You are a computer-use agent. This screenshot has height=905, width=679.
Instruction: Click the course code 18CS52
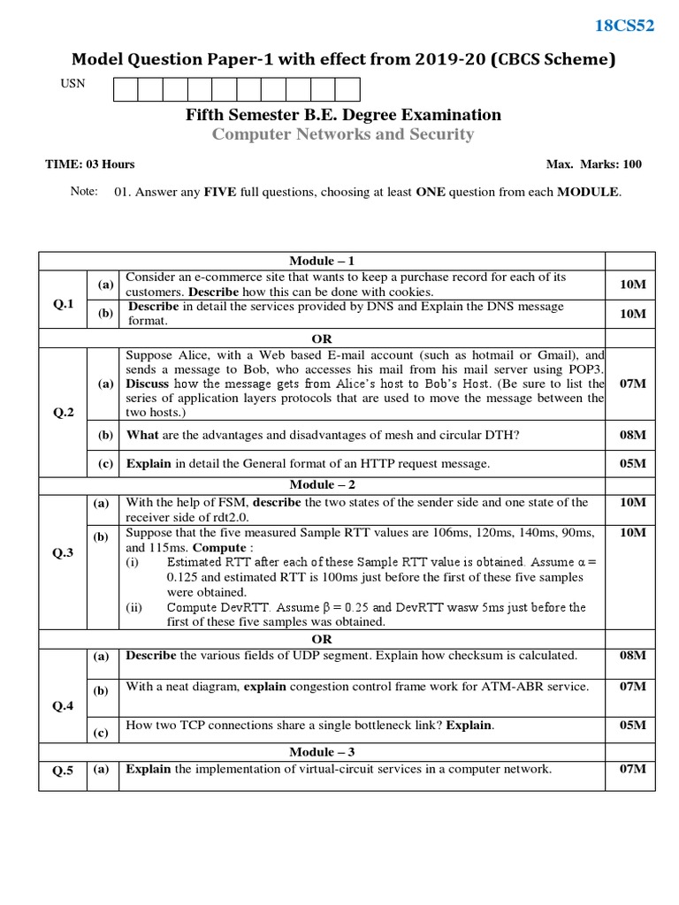coord(624,26)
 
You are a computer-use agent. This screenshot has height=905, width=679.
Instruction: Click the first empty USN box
coord(126,89)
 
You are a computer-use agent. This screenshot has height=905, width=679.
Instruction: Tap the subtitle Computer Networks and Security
coord(343,134)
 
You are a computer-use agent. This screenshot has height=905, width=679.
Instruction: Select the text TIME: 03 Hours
coord(90,164)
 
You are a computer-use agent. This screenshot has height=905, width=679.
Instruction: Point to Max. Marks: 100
coord(594,164)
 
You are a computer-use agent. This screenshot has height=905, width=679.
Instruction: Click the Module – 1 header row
coord(322,261)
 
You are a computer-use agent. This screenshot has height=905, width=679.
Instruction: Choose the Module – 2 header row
coord(322,484)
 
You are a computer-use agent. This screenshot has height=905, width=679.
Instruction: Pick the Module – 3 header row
coord(322,751)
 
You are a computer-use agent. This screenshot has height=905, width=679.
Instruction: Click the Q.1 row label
coord(63,304)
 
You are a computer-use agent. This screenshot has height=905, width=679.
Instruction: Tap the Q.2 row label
coord(63,412)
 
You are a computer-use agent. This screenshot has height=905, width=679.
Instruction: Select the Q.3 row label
coord(63,553)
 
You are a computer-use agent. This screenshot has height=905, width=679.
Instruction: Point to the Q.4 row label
coord(63,706)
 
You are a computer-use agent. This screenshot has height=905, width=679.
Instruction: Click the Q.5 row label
coord(63,771)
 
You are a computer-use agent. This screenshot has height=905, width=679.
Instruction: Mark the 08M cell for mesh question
coord(632,435)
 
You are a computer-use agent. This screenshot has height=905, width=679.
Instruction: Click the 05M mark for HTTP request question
coord(632,463)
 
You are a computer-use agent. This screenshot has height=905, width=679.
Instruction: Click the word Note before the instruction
coord(84,192)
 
